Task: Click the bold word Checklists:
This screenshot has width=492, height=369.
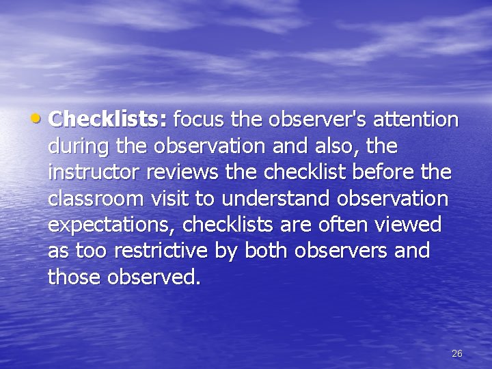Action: [108, 120]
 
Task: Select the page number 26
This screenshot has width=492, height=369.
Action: [457, 353]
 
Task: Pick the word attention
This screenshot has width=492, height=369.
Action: [418, 120]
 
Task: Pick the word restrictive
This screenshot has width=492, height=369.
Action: [163, 251]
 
